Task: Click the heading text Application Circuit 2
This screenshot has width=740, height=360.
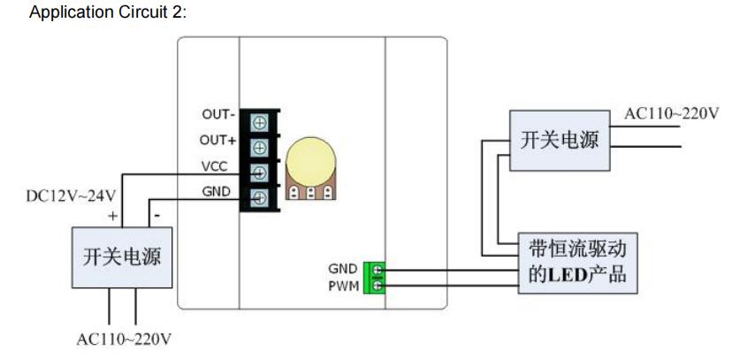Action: point(109,13)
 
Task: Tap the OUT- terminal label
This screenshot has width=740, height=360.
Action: point(218,115)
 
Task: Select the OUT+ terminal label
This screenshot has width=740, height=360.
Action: point(218,141)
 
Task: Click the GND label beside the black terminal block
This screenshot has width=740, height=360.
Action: point(217,191)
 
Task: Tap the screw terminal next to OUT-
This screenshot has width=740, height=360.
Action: point(261,121)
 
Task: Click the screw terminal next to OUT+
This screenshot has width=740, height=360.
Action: point(261,146)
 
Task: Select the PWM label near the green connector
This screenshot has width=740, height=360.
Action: point(343,285)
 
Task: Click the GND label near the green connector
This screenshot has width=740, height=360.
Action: point(343,269)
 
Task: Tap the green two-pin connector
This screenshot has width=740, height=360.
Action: point(378,277)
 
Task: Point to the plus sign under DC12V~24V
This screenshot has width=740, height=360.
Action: point(112,215)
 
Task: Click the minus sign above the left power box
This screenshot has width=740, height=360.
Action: point(156,215)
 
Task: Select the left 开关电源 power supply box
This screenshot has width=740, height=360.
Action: point(122,257)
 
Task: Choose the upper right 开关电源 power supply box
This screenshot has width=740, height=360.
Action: point(559,141)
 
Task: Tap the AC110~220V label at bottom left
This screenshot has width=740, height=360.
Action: point(124,339)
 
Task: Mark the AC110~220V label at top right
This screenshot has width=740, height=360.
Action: point(672,114)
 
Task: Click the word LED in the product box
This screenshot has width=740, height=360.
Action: point(561,276)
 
